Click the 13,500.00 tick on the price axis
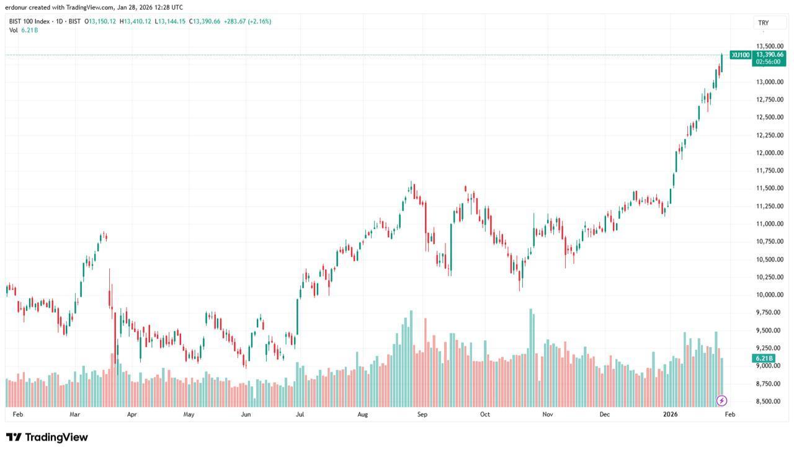[769, 46]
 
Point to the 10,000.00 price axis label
[769, 295]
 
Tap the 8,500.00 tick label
[769, 401]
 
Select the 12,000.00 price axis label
[769, 153]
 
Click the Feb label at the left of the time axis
[17, 414]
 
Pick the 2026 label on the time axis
[670, 414]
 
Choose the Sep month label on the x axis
[422, 414]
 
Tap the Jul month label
[300, 414]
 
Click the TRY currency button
[763, 23]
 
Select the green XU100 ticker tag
[740, 55]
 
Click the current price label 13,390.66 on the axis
[769, 55]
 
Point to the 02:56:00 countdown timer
[769, 62]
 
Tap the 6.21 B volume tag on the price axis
[764, 359]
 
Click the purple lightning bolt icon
[721, 400]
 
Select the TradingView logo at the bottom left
[47, 437]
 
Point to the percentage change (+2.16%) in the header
[259, 21]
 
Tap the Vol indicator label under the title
[13, 30]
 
